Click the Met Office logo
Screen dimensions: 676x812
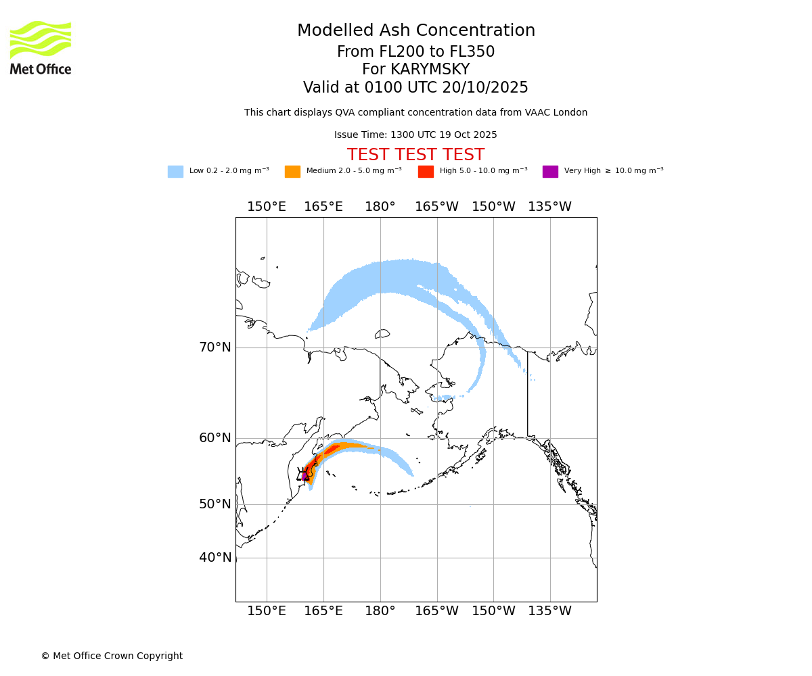click(x=41, y=47)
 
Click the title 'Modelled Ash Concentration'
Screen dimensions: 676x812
click(x=415, y=30)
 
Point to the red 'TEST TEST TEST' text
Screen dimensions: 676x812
click(x=415, y=155)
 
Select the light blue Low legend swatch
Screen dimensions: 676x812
click(x=175, y=171)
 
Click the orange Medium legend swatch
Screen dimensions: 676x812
click(x=292, y=171)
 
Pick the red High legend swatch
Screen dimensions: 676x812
click(x=426, y=171)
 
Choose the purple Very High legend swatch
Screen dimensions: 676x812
click(x=550, y=171)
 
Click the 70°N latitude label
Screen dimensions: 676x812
click(x=215, y=347)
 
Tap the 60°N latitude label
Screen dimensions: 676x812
click(x=215, y=438)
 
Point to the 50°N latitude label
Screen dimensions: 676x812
click(x=215, y=504)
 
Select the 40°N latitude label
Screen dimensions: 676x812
click(x=215, y=558)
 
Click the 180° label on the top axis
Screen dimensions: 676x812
click(x=380, y=207)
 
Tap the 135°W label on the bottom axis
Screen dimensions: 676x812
click(x=549, y=611)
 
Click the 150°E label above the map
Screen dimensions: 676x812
click(x=267, y=207)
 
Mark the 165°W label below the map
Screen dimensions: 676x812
click(x=436, y=611)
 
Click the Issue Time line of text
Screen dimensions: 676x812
click(x=415, y=135)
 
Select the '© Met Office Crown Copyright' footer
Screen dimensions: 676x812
click(x=112, y=656)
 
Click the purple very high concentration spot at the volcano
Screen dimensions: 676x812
click(x=304, y=476)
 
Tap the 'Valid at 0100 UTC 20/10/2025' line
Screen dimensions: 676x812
click(x=415, y=88)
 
